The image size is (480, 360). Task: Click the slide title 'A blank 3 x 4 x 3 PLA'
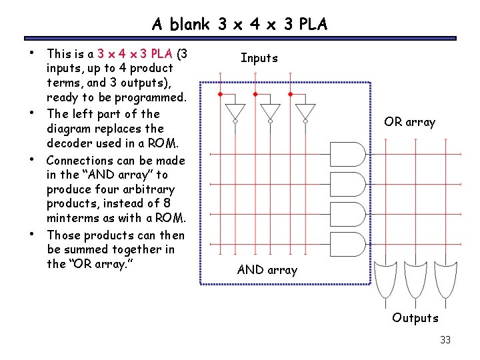click(x=240, y=25)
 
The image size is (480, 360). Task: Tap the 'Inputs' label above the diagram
click(x=259, y=58)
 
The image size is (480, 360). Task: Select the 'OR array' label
click(x=409, y=122)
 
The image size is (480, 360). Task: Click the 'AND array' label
click(x=267, y=270)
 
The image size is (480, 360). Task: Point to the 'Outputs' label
click(x=415, y=318)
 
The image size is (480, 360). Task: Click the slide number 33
click(x=445, y=340)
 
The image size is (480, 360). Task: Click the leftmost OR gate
click(x=385, y=279)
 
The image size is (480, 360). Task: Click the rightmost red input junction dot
click(x=290, y=94)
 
